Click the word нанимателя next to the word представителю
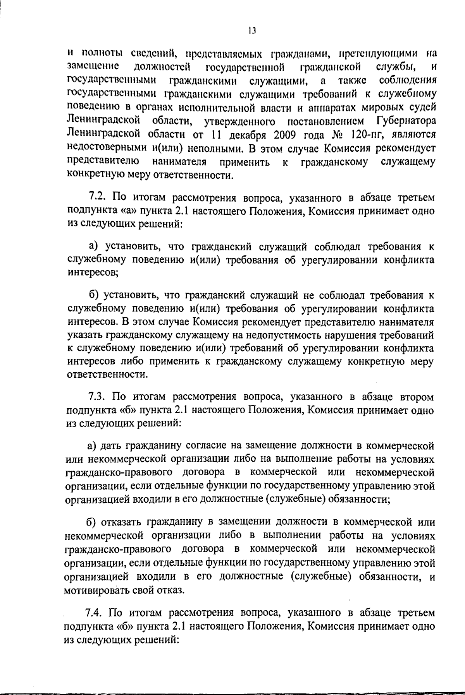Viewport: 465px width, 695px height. coord(179,161)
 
